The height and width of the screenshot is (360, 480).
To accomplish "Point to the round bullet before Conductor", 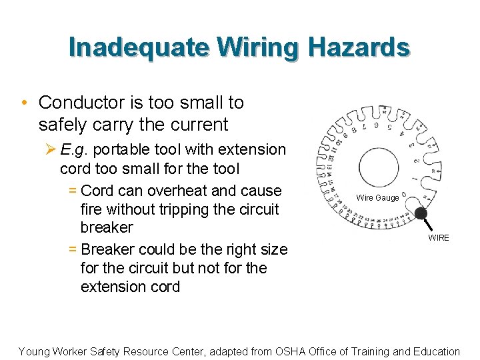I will [x=23, y=103].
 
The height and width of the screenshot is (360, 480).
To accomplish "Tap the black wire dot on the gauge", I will [x=420, y=213].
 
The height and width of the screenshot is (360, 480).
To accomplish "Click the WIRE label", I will [x=439, y=237].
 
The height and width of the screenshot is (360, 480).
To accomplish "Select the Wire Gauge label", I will [x=377, y=198].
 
